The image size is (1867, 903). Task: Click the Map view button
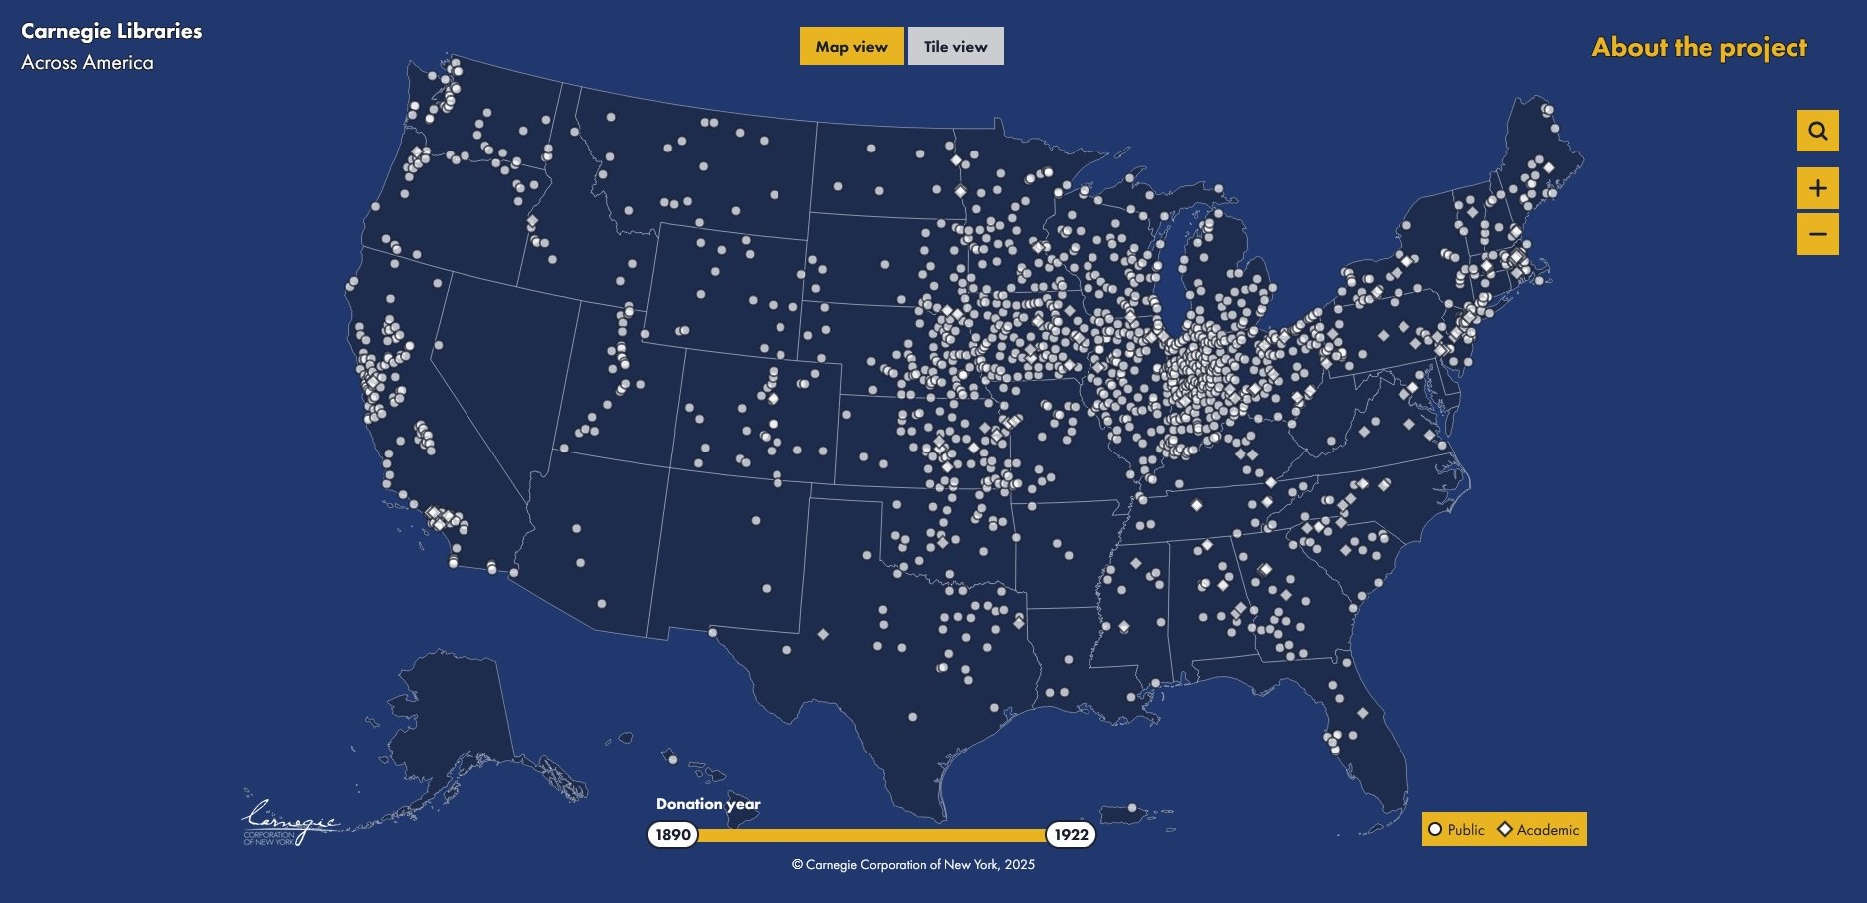click(x=851, y=46)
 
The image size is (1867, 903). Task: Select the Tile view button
click(x=955, y=46)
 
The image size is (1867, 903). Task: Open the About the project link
click(x=1699, y=47)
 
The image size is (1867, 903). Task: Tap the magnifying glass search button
click(x=1817, y=131)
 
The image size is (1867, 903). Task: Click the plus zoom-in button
click(x=1817, y=188)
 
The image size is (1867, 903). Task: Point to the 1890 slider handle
click(x=673, y=834)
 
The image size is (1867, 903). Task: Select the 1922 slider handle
click(x=1071, y=834)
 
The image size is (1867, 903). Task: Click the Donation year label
click(x=708, y=804)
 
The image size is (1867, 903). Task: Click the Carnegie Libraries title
click(x=112, y=31)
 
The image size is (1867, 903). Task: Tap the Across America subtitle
click(x=87, y=62)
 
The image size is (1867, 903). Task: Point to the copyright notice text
click(x=913, y=865)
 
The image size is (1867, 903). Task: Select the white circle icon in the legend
click(x=1435, y=829)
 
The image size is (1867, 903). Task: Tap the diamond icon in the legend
click(x=1505, y=829)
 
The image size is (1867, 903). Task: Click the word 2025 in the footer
click(x=1020, y=865)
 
